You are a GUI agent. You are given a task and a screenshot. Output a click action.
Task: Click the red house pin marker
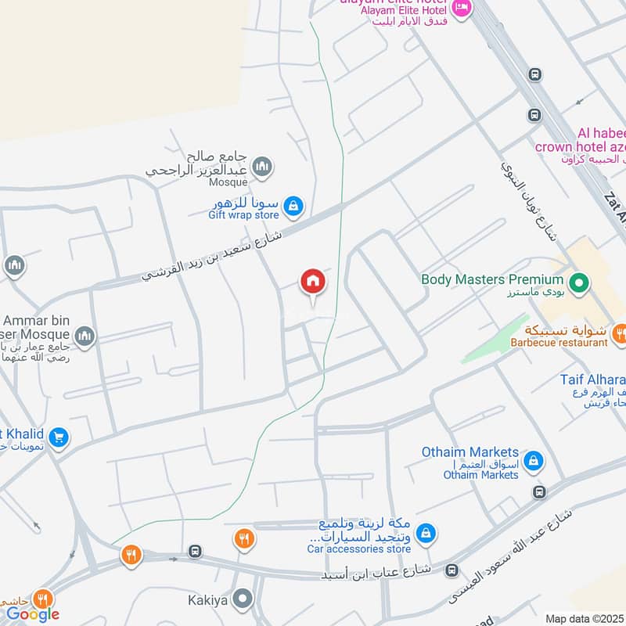[313, 282]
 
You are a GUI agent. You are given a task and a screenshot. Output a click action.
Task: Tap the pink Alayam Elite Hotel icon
[462, 9]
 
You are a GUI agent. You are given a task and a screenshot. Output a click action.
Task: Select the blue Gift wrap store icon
[293, 206]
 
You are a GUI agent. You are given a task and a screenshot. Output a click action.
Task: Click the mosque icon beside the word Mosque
[262, 166]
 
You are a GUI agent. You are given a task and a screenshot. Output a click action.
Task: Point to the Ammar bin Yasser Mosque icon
[84, 337]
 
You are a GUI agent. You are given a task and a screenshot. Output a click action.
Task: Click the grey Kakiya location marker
[243, 600]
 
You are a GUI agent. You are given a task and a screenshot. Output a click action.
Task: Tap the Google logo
[33, 614]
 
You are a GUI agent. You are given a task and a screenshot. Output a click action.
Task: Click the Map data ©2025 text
[585, 619]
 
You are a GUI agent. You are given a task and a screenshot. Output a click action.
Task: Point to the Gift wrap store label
[243, 214]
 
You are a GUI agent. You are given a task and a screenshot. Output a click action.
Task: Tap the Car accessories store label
[358, 549]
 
